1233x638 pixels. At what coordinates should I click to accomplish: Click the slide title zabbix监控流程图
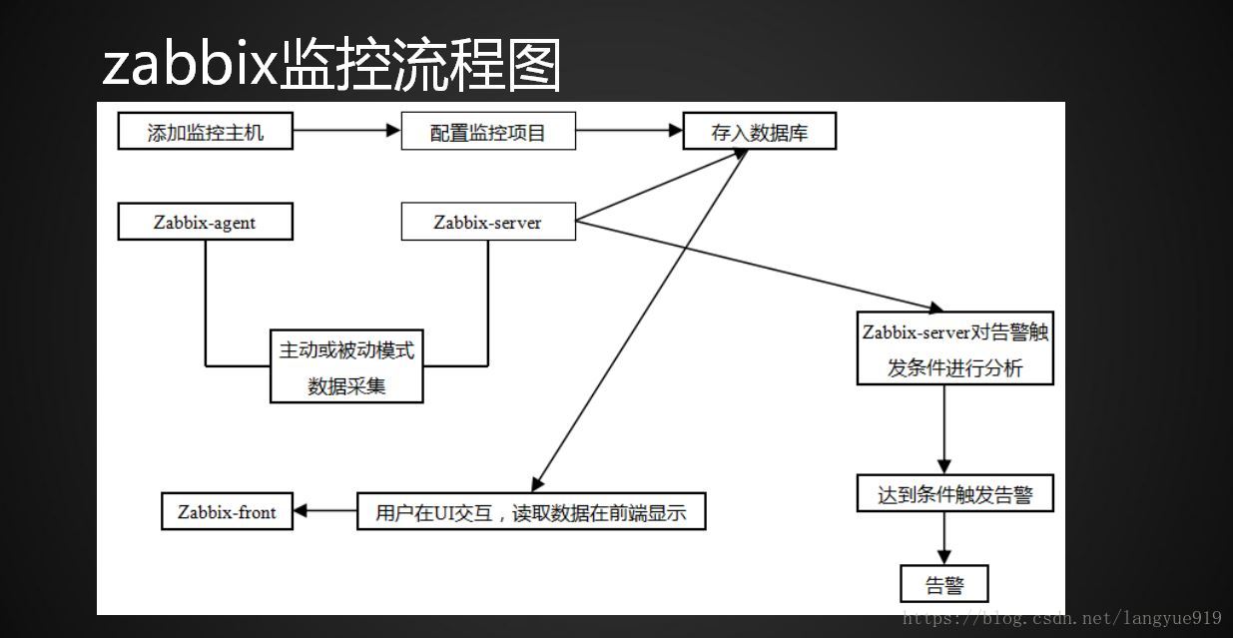[331, 66]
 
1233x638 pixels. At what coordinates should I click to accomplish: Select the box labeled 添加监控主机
[206, 132]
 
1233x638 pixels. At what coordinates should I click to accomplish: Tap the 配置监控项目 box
[488, 132]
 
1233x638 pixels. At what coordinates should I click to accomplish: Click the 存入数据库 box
[759, 132]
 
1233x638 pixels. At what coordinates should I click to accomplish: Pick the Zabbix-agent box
[206, 222]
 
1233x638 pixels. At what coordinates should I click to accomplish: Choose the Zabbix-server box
[488, 222]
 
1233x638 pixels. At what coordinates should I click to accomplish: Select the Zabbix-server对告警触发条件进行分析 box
[955, 348]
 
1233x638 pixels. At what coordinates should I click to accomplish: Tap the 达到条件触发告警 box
[955, 493]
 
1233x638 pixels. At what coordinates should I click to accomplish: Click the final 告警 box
[944, 584]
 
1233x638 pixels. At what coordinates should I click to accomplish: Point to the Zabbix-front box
[228, 512]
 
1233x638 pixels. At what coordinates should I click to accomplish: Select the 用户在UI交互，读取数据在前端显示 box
[531, 512]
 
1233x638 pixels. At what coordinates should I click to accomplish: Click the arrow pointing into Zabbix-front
[325, 512]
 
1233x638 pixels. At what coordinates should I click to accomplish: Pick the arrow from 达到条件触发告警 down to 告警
[944, 538]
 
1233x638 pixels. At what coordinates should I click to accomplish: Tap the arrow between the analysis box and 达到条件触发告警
[944, 429]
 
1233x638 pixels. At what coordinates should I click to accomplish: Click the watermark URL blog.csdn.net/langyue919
[1061, 619]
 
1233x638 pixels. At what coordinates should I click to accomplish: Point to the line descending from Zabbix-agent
[206, 300]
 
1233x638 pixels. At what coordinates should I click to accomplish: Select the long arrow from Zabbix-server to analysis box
[759, 265]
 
